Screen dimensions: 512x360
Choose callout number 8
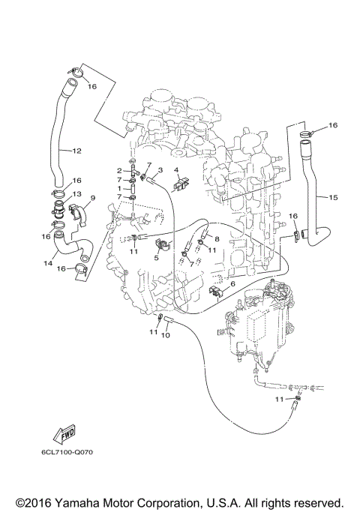tap(217, 239)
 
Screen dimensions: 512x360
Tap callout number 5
tap(157, 257)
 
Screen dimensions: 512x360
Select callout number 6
tap(233, 283)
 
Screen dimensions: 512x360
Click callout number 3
tap(160, 170)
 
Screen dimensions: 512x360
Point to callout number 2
tap(119, 171)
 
